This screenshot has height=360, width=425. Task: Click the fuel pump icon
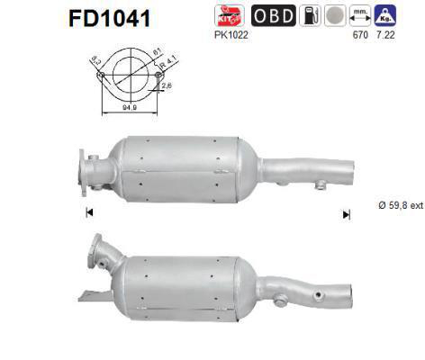pos(306,15)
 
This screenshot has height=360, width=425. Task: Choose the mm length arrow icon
pos(360,15)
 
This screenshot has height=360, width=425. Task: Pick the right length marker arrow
pos(346,214)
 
